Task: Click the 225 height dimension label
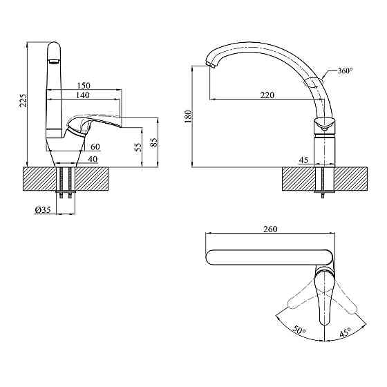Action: tap(23, 100)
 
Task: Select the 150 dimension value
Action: tap(84, 86)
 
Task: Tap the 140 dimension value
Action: tap(83, 95)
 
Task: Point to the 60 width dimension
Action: tap(95, 147)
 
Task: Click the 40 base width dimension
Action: tap(93, 159)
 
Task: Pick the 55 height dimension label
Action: tap(139, 147)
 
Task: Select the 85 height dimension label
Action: tap(153, 142)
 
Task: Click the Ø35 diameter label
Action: tap(43, 210)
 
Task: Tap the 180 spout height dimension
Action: tap(188, 117)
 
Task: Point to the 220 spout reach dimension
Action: tap(267, 95)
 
